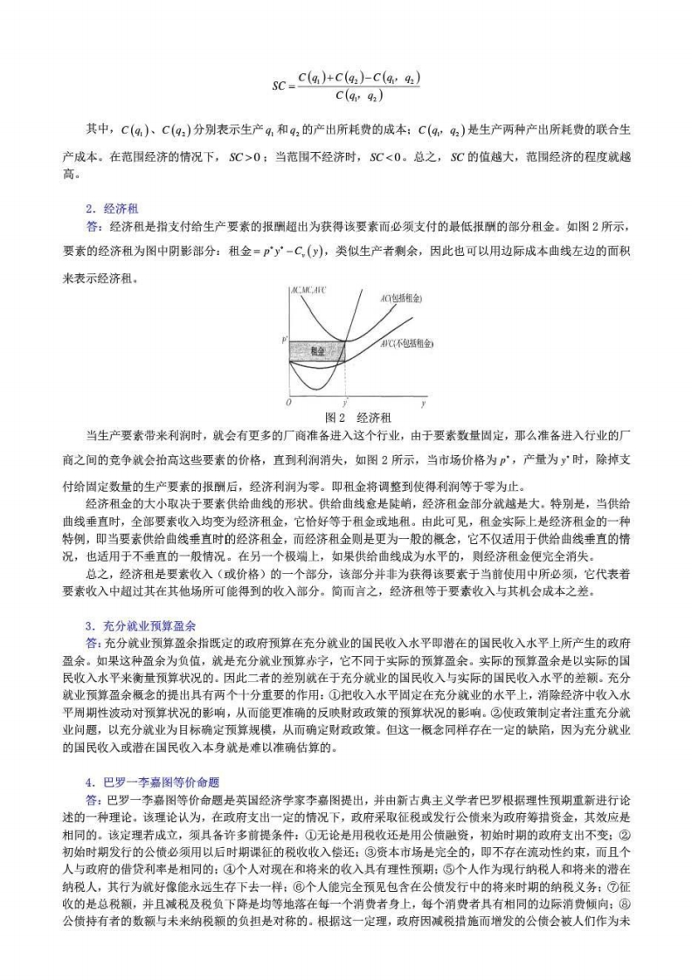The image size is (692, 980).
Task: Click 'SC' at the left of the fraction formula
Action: click(279, 86)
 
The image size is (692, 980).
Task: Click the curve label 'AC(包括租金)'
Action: click(398, 299)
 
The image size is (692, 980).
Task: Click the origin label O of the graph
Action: click(288, 404)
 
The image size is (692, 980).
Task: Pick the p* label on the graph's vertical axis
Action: click(284, 337)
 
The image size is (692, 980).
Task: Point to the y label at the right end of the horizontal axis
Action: click(423, 404)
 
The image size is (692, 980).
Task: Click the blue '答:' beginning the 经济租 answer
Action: click(94, 226)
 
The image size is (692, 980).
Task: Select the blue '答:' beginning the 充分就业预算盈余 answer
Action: click(94, 642)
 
